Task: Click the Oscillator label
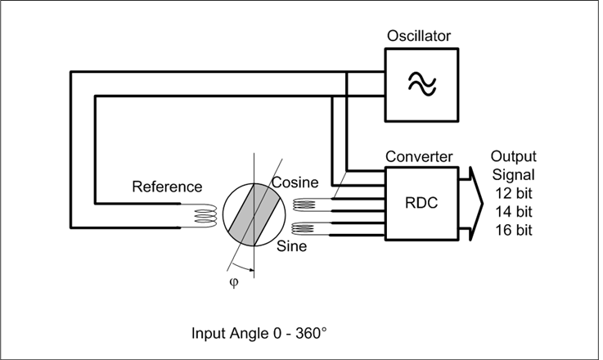(x=420, y=36)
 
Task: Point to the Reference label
(x=166, y=187)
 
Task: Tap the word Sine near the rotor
(x=291, y=245)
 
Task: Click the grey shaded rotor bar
(x=254, y=214)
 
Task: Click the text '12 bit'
(x=513, y=193)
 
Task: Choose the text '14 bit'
(x=513, y=212)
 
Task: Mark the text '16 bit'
(x=513, y=231)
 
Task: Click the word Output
(x=513, y=156)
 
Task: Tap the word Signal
(x=513, y=174)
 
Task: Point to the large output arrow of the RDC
(x=469, y=204)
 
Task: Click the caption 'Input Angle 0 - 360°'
(x=259, y=334)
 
